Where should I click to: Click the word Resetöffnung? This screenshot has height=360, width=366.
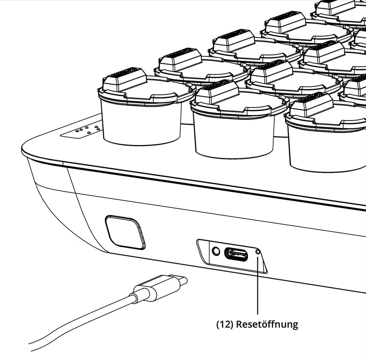click(267, 324)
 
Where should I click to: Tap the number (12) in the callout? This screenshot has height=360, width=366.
click(225, 325)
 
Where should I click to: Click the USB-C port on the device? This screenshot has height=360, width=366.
click(236, 254)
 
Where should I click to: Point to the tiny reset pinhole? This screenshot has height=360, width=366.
click(258, 252)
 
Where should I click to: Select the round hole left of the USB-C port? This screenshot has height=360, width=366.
click(216, 251)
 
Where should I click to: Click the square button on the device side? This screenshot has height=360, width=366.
click(125, 232)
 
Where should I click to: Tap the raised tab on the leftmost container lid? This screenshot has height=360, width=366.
click(125, 80)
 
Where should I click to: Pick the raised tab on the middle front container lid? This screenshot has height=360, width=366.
click(217, 92)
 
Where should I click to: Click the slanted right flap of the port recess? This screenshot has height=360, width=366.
click(262, 260)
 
